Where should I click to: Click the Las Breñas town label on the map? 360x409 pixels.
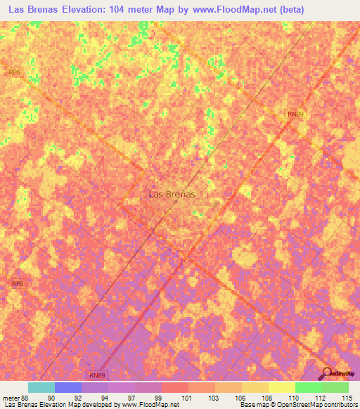tap(172, 194)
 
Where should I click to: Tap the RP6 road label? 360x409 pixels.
tap(15, 72)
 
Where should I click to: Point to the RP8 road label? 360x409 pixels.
tap(18, 283)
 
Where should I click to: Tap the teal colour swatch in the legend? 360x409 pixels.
tap(41, 387)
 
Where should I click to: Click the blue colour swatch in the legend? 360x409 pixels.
tap(68, 387)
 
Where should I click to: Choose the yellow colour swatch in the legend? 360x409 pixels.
tap(282, 387)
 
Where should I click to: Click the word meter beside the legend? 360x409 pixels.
tap(9, 398)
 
